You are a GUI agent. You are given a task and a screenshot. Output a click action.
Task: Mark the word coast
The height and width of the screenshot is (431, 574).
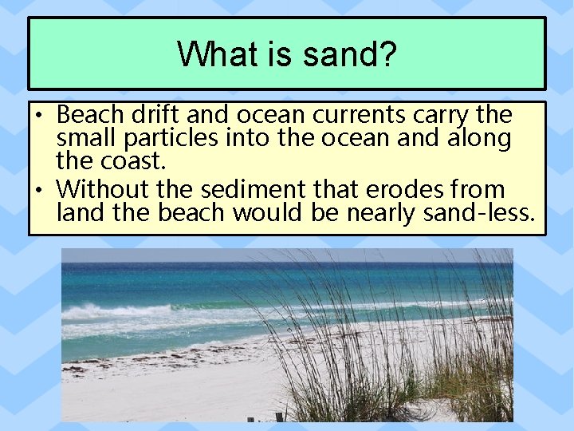(x=133, y=162)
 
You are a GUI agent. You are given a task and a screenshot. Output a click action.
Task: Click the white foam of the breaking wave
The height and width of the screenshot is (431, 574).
(x=104, y=312)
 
